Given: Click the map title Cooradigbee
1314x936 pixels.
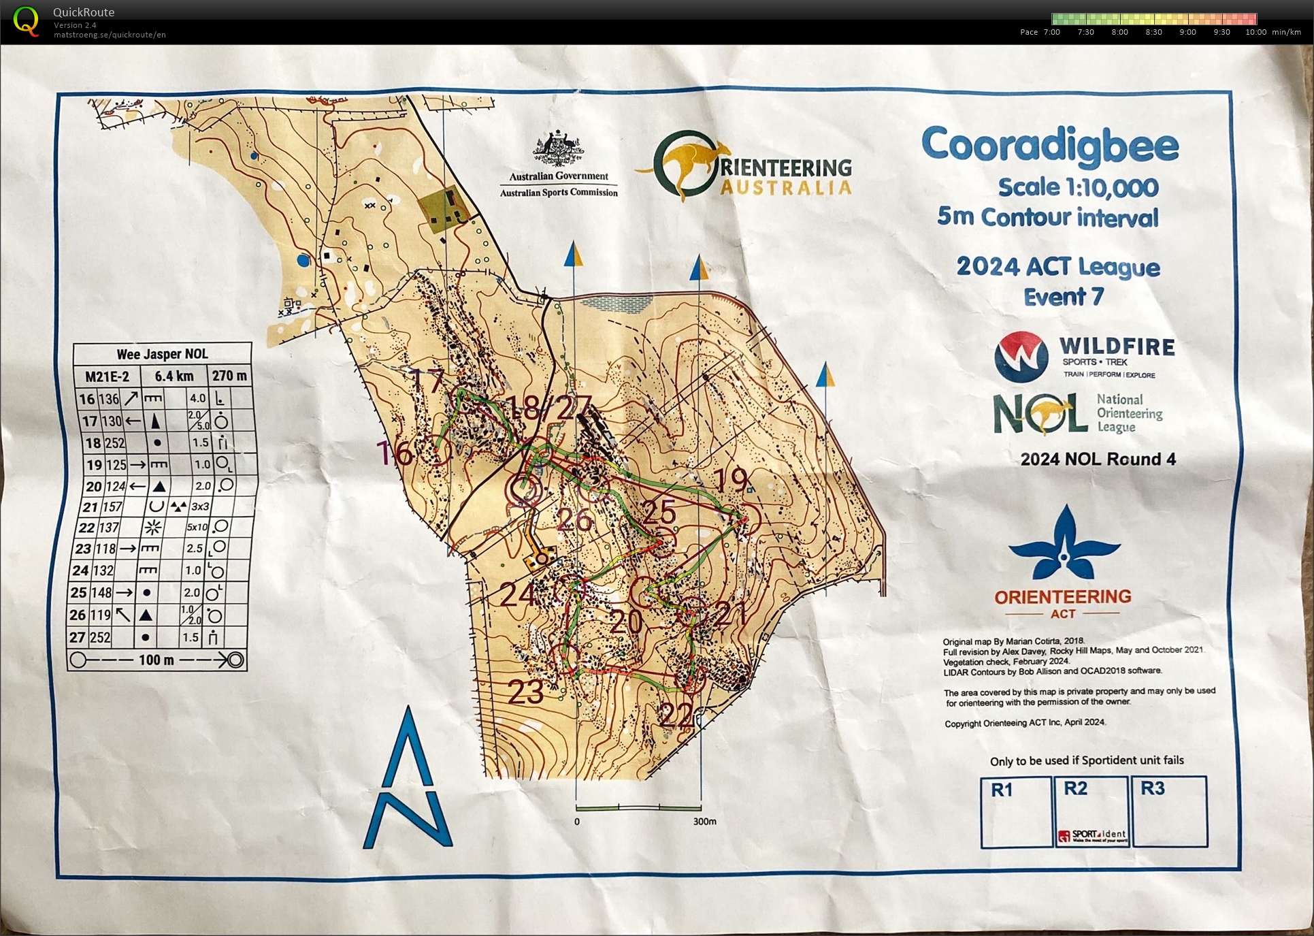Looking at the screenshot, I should (x=1050, y=146).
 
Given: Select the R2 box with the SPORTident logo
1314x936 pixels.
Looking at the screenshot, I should (x=1091, y=812).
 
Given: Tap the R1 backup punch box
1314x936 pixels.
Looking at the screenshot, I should (x=1015, y=812).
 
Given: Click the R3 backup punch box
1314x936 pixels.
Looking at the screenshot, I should (x=1169, y=812).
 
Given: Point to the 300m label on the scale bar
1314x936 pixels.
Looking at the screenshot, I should (x=704, y=822).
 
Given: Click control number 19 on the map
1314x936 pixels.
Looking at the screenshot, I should (x=733, y=480).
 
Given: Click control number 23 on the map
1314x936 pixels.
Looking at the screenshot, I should (x=526, y=692).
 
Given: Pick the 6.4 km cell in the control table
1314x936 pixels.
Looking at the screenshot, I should (x=174, y=376).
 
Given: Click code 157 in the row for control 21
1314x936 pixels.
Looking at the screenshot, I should (x=112, y=506).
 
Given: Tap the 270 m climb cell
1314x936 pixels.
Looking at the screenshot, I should (x=229, y=376).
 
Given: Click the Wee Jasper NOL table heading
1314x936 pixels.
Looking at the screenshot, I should (x=162, y=354).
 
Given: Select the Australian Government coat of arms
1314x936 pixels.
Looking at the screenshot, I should (x=558, y=148).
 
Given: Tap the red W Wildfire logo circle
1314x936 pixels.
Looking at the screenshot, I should (x=1021, y=356).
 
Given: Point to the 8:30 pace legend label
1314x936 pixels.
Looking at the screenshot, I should (x=1153, y=32).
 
